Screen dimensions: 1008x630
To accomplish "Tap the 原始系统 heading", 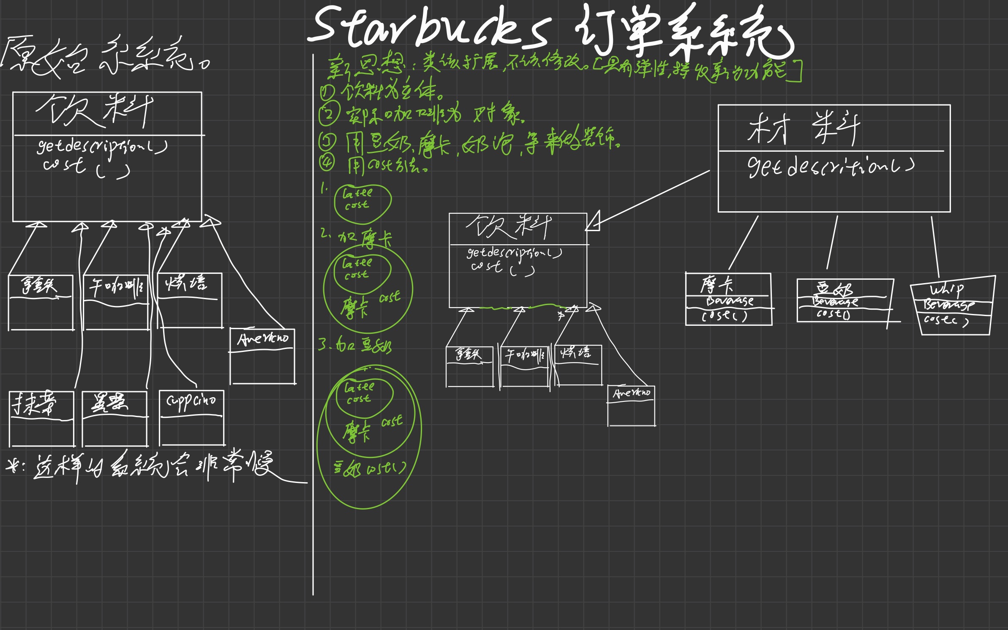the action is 104,57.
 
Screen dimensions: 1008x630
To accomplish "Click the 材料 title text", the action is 803,128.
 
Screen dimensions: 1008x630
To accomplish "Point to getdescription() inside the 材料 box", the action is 830,167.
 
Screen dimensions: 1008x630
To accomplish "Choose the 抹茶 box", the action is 41,418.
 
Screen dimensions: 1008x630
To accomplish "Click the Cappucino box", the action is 191,417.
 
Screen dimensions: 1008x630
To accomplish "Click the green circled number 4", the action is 327,162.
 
